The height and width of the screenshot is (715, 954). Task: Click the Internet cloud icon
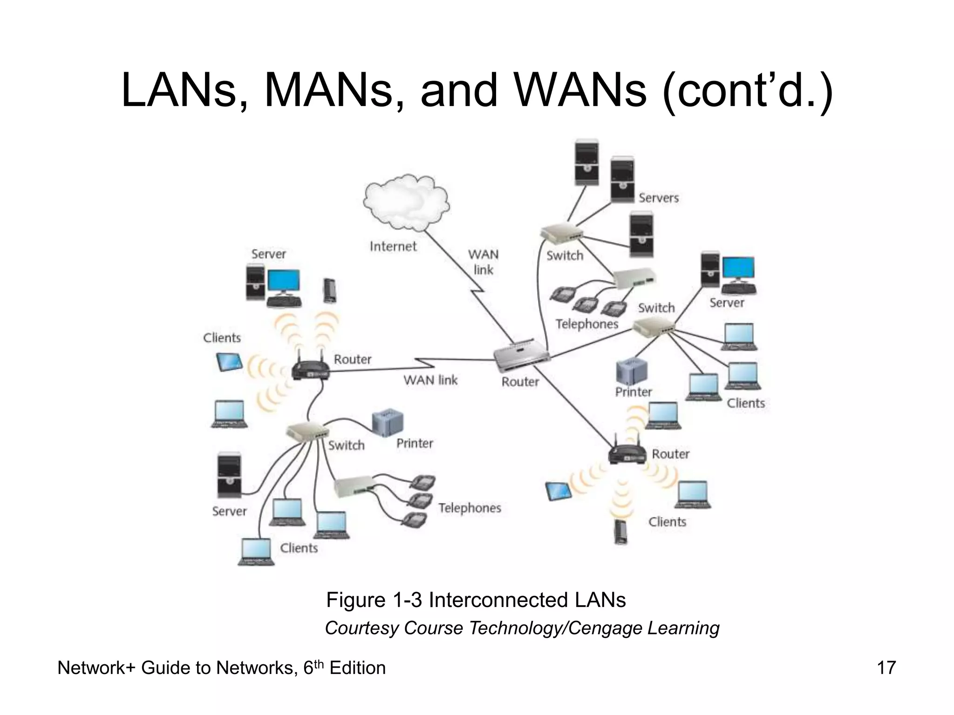click(x=406, y=203)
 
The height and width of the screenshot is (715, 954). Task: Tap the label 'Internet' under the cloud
click(x=393, y=246)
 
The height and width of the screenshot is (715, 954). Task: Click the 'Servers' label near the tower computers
click(x=658, y=198)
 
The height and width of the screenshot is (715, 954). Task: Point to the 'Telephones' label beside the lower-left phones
click(x=469, y=508)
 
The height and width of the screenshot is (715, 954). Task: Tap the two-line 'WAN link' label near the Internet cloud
click(x=483, y=262)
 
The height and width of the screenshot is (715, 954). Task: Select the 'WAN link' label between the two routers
click(x=430, y=380)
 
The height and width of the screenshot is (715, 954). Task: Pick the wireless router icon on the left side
click(x=311, y=370)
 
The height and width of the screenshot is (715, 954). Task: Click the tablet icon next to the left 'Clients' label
click(x=230, y=362)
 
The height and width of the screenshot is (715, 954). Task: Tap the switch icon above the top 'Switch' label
click(x=561, y=234)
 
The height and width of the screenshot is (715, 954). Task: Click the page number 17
click(x=886, y=668)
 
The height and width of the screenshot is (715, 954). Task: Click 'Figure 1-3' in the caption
click(x=374, y=600)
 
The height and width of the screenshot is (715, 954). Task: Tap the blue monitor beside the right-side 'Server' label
click(x=739, y=270)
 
